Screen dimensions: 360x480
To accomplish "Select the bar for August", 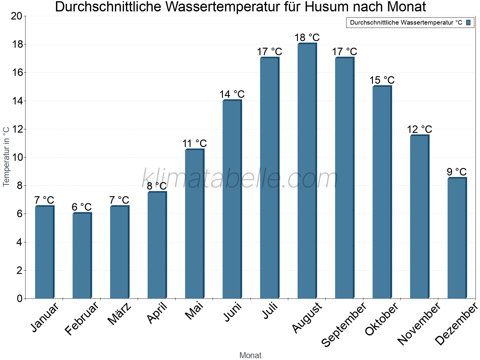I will [x=307, y=171].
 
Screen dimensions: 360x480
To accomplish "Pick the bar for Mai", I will [x=194, y=224].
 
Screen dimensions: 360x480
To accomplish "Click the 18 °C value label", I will [x=307, y=38].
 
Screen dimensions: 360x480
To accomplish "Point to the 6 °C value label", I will [x=82, y=207].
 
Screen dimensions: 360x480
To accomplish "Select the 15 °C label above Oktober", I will [x=382, y=80].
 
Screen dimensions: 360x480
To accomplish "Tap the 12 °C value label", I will [x=419, y=130].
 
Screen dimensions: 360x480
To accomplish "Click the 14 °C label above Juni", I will [x=232, y=94].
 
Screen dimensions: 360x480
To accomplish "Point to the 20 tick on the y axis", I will [x=16, y=16].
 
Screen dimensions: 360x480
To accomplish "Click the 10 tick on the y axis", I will [x=16, y=157].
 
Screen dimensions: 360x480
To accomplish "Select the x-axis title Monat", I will [x=250, y=355].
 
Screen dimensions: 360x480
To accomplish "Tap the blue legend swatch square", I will [x=468, y=22].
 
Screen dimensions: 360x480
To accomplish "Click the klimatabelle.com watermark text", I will [x=240, y=178].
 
